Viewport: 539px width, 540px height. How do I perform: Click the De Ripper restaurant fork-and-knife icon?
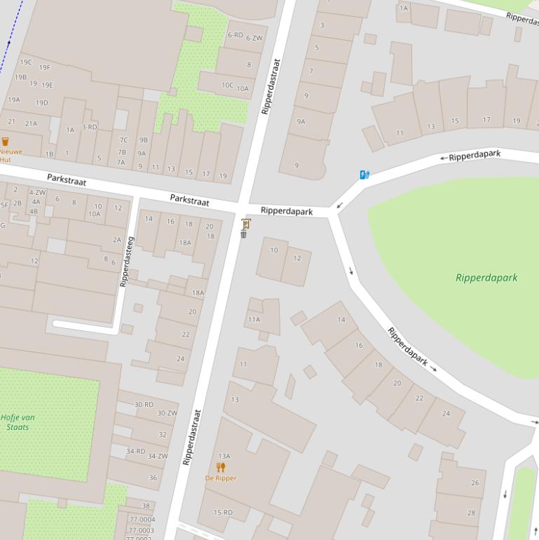(x=221, y=466)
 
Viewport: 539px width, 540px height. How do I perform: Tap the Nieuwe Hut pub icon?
(x=6, y=142)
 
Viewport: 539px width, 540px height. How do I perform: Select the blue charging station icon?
(x=364, y=175)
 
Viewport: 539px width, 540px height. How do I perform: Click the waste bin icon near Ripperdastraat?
(x=243, y=234)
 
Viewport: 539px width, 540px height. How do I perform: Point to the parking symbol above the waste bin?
(x=245, y=224)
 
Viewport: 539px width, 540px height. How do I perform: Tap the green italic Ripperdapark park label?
(x=486, y=277)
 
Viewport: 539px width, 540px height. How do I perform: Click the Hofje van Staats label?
(x=18, y=421)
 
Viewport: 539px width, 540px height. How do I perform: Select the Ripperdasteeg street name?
(x=126, y=261)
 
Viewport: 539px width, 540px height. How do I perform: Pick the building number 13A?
(x=224, y=456)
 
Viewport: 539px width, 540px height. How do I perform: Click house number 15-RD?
(x=223, y=513)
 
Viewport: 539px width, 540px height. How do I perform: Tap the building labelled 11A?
(x=254, y=320)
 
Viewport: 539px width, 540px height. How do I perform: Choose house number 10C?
(x=227, y=86)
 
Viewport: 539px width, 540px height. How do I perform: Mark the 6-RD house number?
(x=235, y=35)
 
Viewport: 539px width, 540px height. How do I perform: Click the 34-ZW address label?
(x=157, y=456)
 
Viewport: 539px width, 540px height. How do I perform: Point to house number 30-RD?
(x=144, y=405)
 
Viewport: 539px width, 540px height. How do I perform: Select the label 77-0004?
(x=142, y=520)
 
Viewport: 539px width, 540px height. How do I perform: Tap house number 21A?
(x=32, y=123)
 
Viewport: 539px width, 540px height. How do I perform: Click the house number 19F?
(x=45, y=68)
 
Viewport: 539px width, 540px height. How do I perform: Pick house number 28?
(x=471, y=513)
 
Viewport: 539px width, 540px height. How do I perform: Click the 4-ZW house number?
(x=37, y=192)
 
